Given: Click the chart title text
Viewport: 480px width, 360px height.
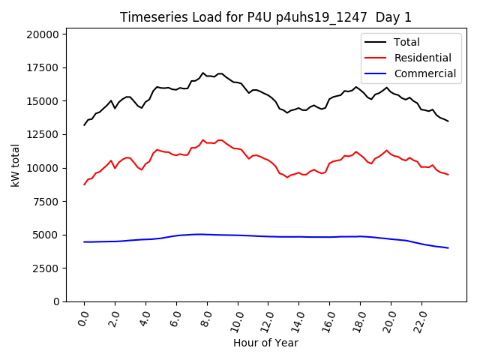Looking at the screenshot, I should click(265, 17).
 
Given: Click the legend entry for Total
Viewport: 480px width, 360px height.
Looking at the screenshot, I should click(406, 42).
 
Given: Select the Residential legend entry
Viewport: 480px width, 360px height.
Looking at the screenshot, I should click(422, 58).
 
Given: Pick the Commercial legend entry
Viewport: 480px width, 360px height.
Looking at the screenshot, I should click(424, 73).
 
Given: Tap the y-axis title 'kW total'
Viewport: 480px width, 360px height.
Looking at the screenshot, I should click(16, 165).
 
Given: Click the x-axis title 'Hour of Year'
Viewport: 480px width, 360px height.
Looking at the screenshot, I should click(265, 343).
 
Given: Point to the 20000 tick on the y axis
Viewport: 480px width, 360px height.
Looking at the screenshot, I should click(43, 34).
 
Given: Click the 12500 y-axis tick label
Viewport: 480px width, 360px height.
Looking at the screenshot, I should click(43, 135).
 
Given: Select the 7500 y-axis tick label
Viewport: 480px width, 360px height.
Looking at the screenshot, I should click(45, 202).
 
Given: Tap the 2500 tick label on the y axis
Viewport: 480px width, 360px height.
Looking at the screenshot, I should click(45, 268).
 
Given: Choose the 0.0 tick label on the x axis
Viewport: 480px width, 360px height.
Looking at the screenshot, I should click(82, 317).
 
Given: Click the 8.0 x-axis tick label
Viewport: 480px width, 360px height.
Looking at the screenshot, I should click(205, 317).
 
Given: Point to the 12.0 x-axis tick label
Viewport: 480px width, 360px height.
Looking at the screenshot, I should click(265, 317).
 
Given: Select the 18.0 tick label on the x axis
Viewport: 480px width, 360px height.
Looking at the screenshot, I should click(358, 317).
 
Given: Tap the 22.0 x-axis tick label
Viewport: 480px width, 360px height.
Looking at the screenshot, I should click(419, 317).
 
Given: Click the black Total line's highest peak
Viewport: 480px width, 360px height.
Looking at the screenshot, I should click(203, 73).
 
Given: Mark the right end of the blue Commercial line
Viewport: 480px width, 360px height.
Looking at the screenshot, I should click(448, 247).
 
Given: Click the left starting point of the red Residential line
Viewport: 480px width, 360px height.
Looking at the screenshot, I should click(84, 184).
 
